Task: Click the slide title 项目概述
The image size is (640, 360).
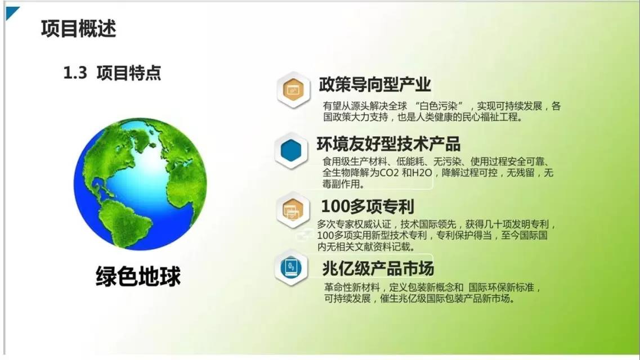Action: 78,28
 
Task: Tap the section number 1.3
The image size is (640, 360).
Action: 75,73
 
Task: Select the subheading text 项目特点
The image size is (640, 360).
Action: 128,73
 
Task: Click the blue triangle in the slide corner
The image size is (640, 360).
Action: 11,12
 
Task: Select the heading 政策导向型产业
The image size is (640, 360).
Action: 375,84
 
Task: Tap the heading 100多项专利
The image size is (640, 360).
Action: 367,206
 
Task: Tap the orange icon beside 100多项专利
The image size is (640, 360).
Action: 293,209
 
